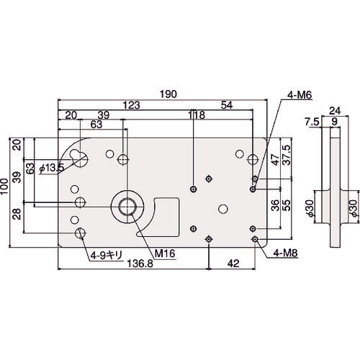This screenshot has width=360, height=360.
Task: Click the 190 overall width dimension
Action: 168,94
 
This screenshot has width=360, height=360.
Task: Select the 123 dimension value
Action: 131,105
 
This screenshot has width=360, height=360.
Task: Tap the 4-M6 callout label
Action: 300,95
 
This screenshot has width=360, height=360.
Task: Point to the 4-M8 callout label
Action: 286,253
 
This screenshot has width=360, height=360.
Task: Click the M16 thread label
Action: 165,253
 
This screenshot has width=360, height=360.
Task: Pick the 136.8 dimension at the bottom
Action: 140,264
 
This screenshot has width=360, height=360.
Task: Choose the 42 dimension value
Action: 233,264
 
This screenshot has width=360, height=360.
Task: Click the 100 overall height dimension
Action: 4,186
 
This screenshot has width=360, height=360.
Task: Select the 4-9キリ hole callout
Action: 107,256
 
